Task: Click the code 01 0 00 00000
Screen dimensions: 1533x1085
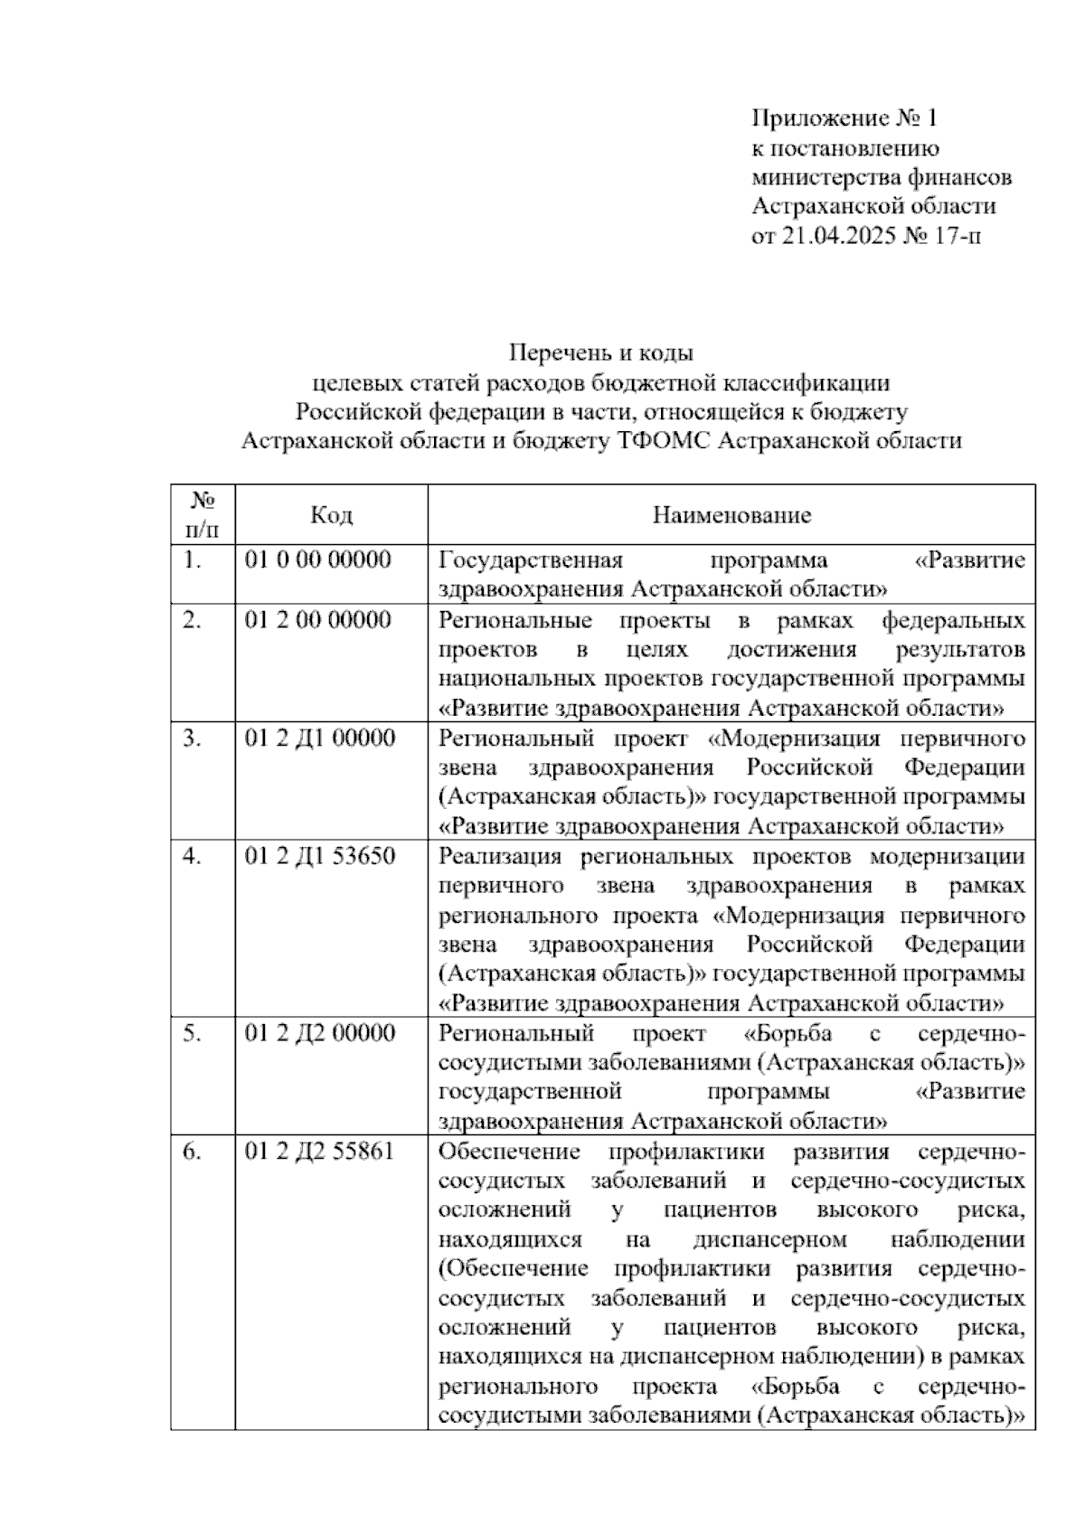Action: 318,560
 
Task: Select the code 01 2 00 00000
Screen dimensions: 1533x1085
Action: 318,620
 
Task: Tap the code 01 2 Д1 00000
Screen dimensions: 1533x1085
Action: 320,738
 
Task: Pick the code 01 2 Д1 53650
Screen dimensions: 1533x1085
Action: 320,855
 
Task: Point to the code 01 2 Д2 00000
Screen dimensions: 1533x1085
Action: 320,1032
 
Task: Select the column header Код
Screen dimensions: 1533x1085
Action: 331,514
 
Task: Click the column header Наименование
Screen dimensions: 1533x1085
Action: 731,515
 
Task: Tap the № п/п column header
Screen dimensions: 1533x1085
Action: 203,513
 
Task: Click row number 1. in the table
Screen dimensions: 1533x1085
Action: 191,560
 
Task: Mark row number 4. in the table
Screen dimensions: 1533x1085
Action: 191,855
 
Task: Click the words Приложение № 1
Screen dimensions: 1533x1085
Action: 845,118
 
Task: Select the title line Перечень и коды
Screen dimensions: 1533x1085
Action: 601,352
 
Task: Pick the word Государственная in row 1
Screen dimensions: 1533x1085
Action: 531,560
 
